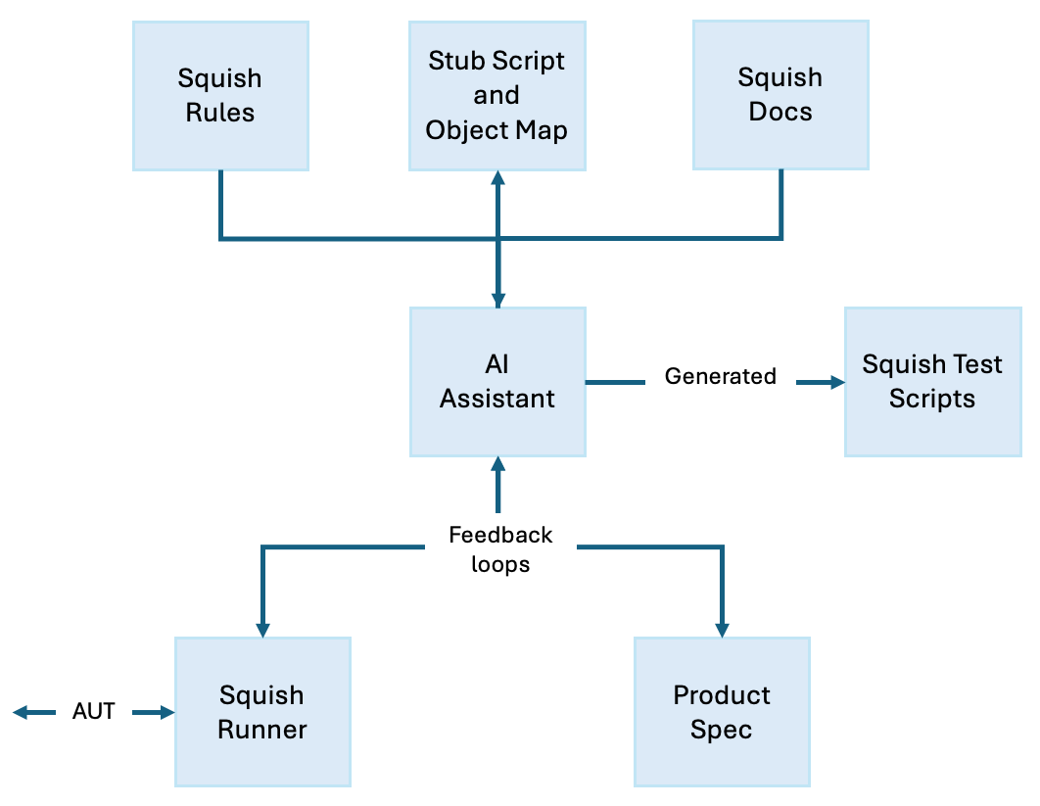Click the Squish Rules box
pos(220,96)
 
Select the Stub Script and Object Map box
pos(496,96)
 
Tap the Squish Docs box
pos(780,95)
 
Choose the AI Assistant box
pos(497,381)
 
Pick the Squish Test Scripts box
pos(932,381)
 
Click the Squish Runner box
pos(262,712)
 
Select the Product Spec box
pos(722,712)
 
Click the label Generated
pos(720,376)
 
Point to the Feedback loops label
pos(500,549)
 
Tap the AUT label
pos(94,712)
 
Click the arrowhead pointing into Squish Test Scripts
pos(836,382)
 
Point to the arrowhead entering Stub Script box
pos(497,178)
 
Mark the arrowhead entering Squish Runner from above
pos(262,630)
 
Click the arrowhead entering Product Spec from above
pos(723,630)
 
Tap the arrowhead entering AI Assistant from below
pos(498,464)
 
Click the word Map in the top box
pos(543,130)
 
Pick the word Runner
pos(262,730)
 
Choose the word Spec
pos(722,730)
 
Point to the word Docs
pos(780,112)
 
